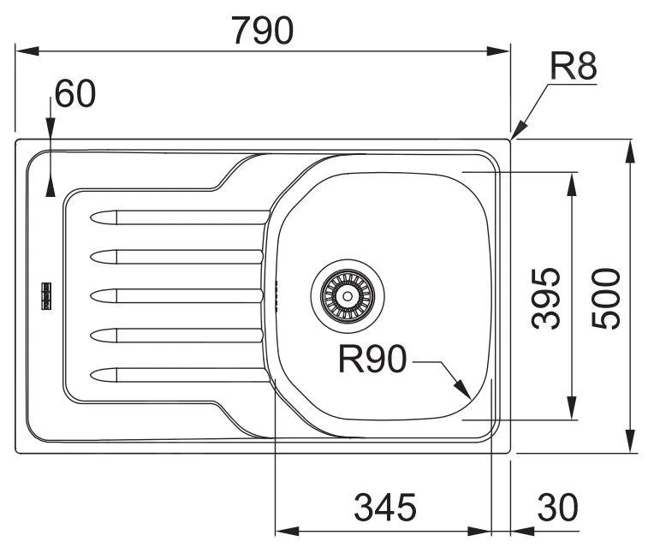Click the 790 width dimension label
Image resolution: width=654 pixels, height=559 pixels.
point(263,30)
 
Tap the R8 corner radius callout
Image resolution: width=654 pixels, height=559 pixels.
point(572,66)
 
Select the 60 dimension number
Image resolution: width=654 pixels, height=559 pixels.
point(74,94)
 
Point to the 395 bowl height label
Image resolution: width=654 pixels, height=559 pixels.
point(545,297)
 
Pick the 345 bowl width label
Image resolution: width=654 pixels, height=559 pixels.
point(384,508)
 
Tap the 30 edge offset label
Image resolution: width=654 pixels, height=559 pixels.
point(556,508)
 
